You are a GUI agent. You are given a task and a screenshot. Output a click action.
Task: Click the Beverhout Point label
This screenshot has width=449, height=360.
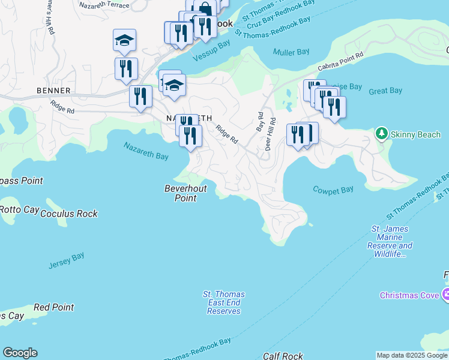point(185,193)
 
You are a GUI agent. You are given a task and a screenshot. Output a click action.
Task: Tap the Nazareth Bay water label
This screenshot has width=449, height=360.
point(146,151)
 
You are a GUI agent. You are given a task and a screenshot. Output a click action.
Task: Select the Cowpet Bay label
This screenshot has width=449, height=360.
point(333,190)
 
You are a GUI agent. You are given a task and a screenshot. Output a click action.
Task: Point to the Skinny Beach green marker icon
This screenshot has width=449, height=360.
point(381,134)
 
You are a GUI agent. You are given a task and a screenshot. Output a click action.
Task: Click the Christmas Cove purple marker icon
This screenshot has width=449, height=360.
point(445,295)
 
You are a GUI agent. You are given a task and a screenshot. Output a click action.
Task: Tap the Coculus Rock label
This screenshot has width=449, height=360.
point(68,214)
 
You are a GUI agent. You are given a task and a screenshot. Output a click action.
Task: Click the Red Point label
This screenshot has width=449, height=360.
point(53,307)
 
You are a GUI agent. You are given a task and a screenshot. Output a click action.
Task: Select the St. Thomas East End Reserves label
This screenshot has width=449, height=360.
point(224,303)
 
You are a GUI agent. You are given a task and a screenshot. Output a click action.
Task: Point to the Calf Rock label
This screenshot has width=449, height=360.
point(283,356)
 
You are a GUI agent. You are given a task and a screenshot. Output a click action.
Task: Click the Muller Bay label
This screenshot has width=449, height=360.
point(291,52)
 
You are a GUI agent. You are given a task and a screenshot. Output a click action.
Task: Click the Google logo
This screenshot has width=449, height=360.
point(20,353)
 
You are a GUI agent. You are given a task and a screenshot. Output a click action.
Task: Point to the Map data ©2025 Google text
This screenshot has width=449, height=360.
point(411,356)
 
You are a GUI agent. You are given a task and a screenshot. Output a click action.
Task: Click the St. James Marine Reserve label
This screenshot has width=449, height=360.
point(391,241)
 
